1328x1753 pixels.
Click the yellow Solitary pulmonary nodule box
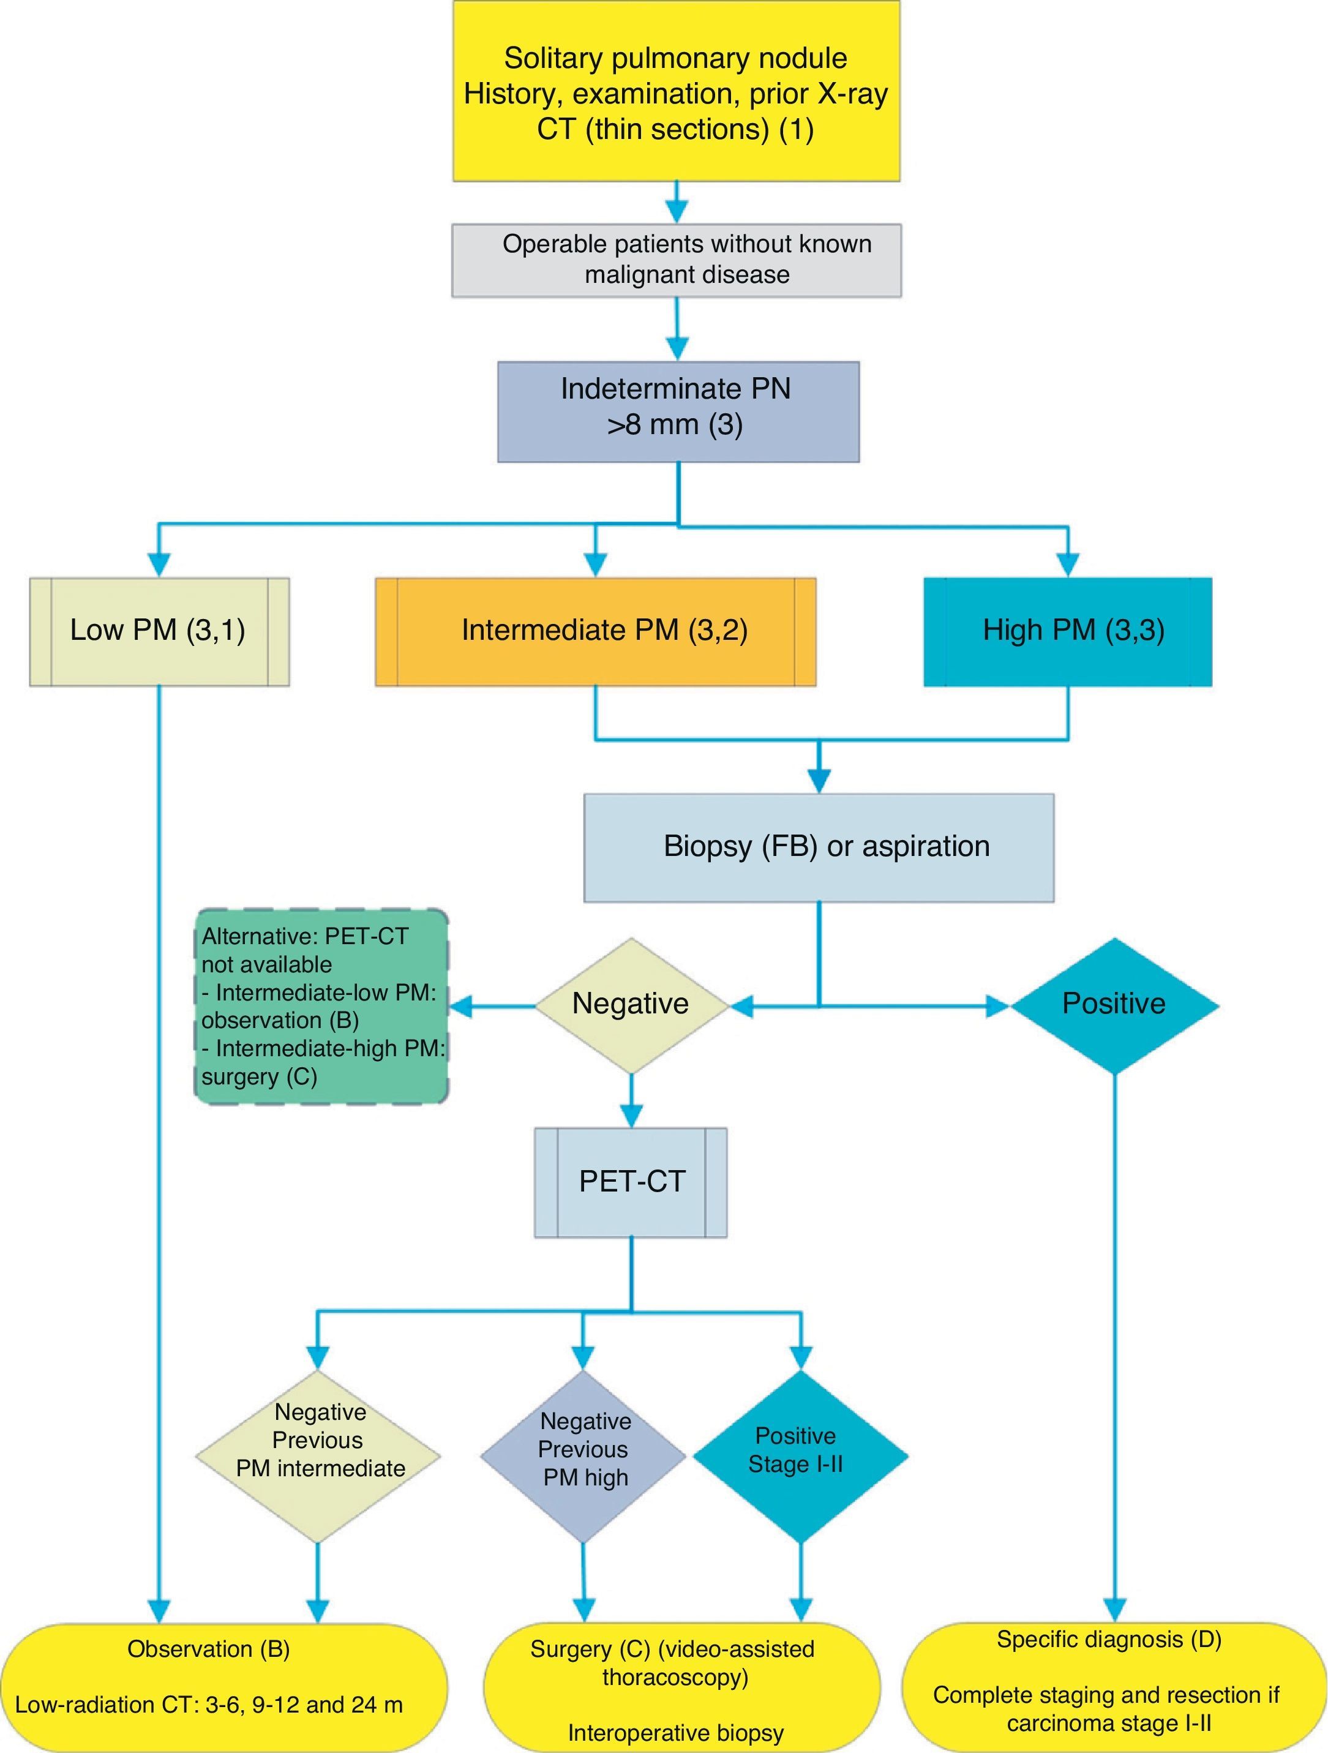676,91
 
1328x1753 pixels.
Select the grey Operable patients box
676,260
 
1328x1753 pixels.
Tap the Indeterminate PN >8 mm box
678,411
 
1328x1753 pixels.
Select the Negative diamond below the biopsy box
631,1005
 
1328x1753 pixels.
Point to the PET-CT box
631,1182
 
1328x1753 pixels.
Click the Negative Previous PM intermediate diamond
318,1457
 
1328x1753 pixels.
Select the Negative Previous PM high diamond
583,1457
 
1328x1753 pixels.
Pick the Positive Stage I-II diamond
800,1457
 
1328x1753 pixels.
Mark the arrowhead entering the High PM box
1068,565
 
